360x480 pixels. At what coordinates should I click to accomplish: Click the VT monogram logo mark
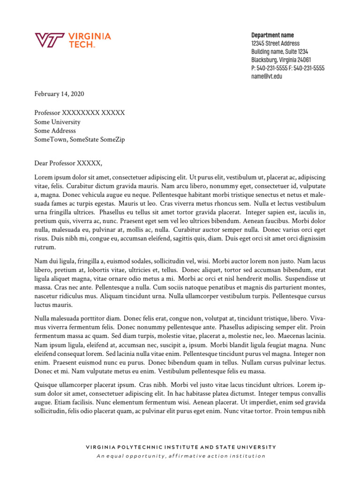coord(49,41)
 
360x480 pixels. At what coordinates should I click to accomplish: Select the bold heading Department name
coord(272,36)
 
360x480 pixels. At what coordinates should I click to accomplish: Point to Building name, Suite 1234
coord(279,52)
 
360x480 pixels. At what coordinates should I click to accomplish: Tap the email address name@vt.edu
coord(266,76)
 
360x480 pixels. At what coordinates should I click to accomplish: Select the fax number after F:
coord(309,68)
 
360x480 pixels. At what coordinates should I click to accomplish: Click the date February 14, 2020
coord(59,94)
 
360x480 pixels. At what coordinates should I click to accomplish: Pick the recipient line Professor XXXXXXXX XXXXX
coord(79,113)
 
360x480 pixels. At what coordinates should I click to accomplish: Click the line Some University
coord(57,122)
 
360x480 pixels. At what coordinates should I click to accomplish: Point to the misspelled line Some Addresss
coord(55,131)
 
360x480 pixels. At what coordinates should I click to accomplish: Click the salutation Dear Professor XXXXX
coord(68,163)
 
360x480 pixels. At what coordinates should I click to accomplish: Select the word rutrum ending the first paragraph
coord(44,247)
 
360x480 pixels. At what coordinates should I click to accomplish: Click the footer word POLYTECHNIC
coord(141,447)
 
